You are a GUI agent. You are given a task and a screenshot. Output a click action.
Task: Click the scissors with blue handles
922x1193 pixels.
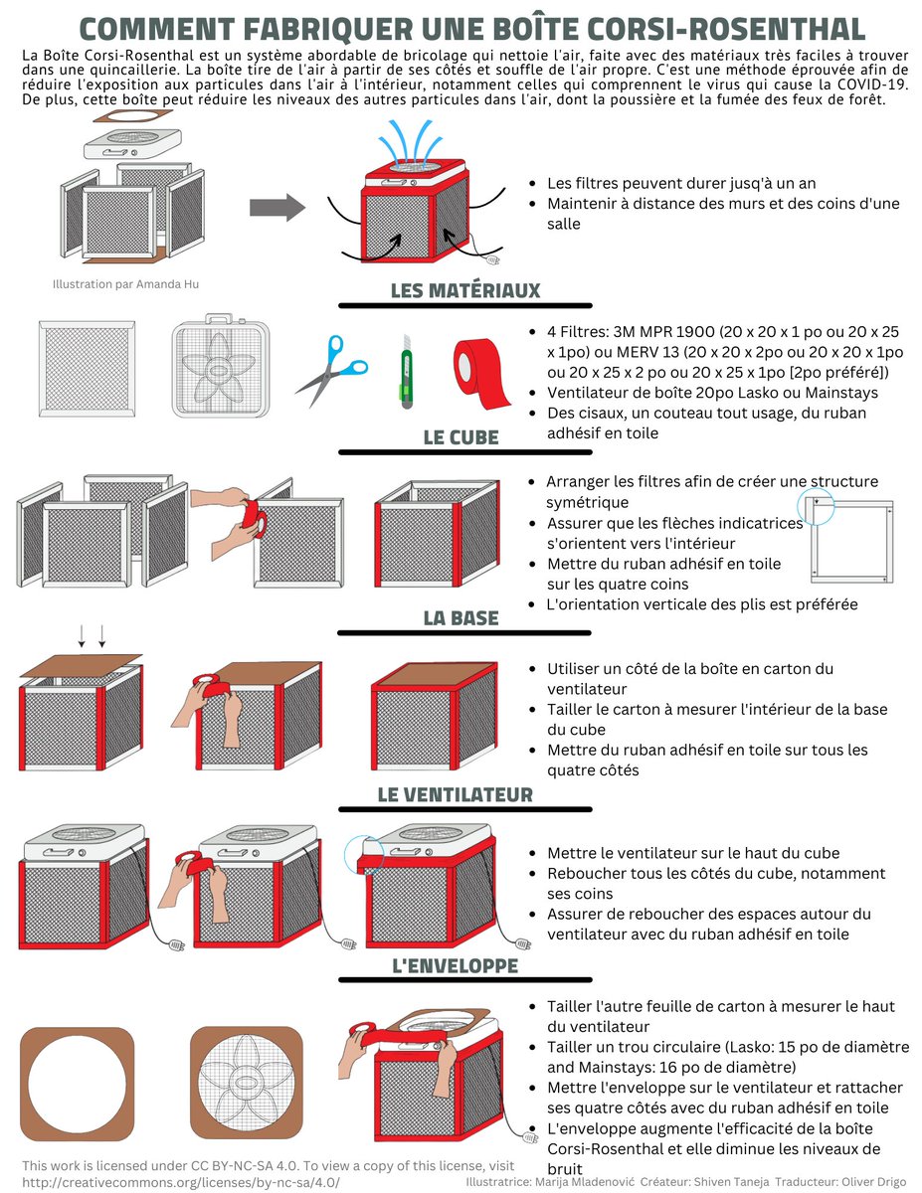click(x=332, y=369)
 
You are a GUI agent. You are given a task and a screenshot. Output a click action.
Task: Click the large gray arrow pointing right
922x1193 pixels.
click(x=276, y=207)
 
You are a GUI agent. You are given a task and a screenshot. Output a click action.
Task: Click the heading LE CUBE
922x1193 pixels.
click(x=461, y=437)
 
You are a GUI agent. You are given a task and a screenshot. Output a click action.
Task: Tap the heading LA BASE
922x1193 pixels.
click(x=461, y=617)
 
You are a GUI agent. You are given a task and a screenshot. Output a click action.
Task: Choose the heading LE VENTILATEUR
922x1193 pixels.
click(x=455, y=794)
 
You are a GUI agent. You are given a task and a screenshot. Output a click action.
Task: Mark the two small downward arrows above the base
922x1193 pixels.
click(x=92, y=634)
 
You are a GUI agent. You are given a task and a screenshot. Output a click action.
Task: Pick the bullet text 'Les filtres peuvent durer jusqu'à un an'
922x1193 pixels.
click(x=682, y=184)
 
